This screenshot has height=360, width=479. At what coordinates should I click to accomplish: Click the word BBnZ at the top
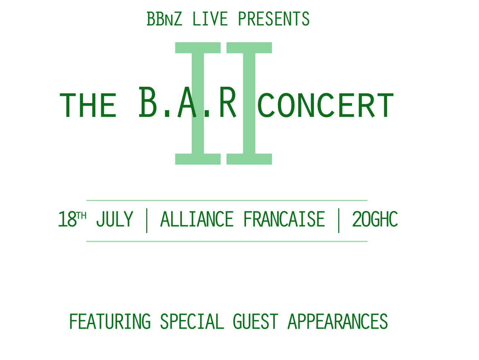click(x=164, y=19)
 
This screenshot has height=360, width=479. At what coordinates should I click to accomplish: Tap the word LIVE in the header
click(x=210, y=19)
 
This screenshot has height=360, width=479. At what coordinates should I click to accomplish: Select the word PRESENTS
click(x=274, y=19)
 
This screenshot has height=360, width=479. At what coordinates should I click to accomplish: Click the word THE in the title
click(x=88, y=106)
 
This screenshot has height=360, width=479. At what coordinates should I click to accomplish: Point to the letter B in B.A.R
click(x=148, y=102)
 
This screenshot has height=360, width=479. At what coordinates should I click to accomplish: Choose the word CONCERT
click(x=326, y=106)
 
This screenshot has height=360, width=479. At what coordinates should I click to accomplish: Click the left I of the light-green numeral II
click(x=198, y=103)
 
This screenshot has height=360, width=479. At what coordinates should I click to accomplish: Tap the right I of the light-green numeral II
click(x=249, y=103)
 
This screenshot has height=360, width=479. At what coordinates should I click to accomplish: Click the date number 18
click(x=67, y=219)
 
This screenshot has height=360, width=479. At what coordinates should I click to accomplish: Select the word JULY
click(x=115, y=219)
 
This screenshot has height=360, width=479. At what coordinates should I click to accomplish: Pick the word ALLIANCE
click(x=197, y=219)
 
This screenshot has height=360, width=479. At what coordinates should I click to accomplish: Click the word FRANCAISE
click(x=284, y=219)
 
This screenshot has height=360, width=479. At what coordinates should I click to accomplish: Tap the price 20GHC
click(x=375, y=219)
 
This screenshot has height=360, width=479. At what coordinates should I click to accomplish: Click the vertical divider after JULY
click(x=147, y=221)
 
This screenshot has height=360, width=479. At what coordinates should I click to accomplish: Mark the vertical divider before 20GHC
click(x=339, y=221)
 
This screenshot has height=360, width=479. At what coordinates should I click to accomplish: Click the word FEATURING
click(x=110, y=321)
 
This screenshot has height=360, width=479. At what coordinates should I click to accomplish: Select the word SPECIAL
click(x=192, y=321)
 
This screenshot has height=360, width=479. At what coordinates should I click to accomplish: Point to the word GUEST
click(x=256, y=321)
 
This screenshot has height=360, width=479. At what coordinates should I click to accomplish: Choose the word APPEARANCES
click(x=338, y=321)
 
